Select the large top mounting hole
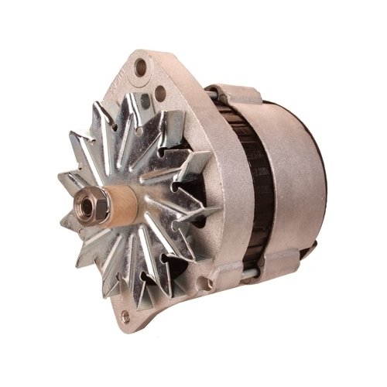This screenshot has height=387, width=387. click(x=140, y=68)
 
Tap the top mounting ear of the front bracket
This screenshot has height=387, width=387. click(x=147, y=66)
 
